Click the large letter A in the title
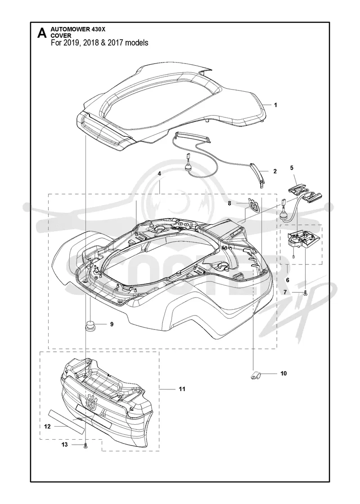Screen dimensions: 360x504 42,33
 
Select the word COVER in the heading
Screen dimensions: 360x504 61,36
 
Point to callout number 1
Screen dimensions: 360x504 275,105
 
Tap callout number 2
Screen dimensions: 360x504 275,171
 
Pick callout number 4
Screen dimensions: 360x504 160,173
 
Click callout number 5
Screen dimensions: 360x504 292,167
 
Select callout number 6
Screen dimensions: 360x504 288,280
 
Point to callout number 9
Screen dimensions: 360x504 112,324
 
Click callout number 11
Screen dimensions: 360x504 182,389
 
